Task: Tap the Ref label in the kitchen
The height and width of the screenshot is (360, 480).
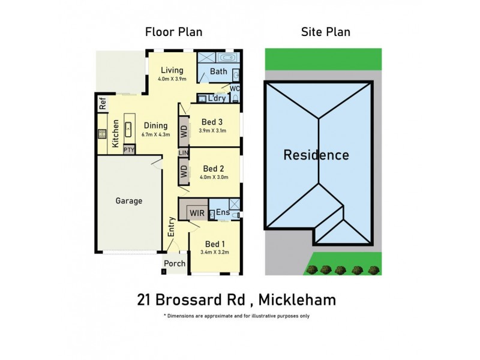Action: [102, 103]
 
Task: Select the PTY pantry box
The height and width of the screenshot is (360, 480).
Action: [129, 150]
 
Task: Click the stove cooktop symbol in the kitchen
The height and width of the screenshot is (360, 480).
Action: [102, 134]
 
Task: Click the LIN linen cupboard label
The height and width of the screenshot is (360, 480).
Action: [184, 154]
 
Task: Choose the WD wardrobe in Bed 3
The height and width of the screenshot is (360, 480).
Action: [184, 130]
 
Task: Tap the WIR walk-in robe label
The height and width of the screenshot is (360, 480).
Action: [196, 213]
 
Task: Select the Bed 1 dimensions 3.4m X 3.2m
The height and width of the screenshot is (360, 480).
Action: [215, 253]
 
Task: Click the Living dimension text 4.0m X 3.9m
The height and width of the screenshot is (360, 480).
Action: [172, 79]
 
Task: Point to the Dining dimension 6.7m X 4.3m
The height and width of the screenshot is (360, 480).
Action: [155, 134]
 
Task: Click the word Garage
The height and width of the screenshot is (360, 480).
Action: [129, 201]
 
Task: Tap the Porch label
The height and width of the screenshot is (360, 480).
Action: [175, 263]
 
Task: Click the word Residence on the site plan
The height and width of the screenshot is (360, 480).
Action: [316, 155]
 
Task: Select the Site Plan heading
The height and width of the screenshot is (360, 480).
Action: [325, 32]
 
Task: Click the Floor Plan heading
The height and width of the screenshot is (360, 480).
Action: [173, 32]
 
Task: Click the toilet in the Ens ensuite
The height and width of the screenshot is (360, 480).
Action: [237, 214]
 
